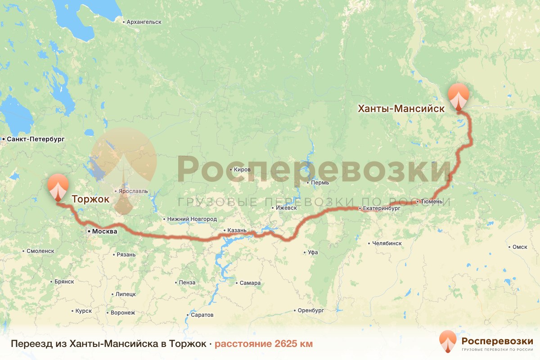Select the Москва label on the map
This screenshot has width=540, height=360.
click(x=104, y=231)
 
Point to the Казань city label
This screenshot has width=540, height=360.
click(x=237, y=230)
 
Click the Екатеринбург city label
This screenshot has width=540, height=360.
click(x=381, y=209)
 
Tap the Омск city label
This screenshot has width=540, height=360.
click(x=519, y=247)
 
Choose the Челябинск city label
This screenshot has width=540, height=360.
click(x=387, y=243)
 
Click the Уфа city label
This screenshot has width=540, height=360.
click(x=313, y=252)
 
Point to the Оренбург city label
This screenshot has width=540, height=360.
click(x=310, y=310)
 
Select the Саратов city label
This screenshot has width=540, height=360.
click(x=202, y=315)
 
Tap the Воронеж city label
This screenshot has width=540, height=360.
click(x=122, y=312)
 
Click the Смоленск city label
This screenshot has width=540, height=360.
click(x=40, y=251)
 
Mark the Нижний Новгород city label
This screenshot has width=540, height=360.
click(x=192, y=219)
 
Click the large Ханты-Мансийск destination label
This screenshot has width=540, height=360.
click(x=401, y=108)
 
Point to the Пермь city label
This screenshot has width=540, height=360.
click(x=319, y=183)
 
